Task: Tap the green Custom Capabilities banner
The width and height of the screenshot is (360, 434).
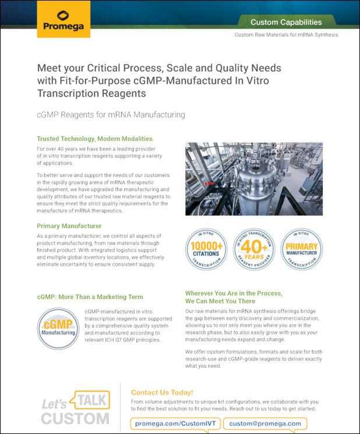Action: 286,22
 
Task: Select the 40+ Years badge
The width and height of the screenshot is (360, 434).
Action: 255,248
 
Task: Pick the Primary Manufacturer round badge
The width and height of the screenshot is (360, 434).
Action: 302,248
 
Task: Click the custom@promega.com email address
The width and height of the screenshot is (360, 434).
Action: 265,423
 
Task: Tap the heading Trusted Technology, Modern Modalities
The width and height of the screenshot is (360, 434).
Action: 94,139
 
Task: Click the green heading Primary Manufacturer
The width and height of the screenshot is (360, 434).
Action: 69,225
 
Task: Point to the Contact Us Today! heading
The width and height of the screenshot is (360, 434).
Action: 162,393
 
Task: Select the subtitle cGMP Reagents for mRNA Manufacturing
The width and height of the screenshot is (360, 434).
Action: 111,115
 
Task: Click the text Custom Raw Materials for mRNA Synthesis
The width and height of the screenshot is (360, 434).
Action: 286,35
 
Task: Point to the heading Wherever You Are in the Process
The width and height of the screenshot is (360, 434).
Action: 234,293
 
